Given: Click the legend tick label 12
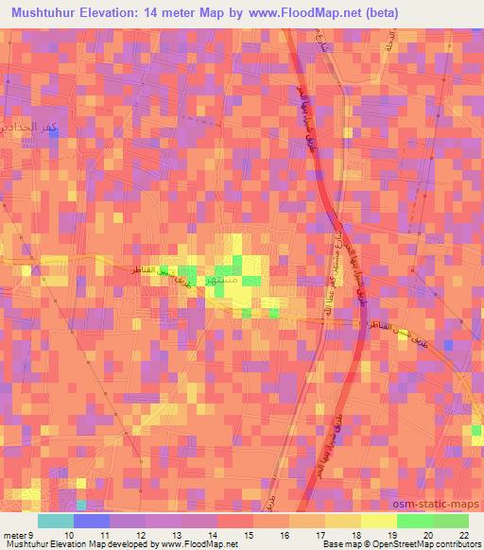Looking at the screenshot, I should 141,534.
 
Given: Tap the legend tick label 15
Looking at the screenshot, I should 249,534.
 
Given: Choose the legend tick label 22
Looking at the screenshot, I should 462,534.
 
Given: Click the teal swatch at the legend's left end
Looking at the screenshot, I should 56,521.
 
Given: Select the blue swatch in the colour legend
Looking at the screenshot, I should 92,521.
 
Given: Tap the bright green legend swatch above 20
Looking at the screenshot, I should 415,521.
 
